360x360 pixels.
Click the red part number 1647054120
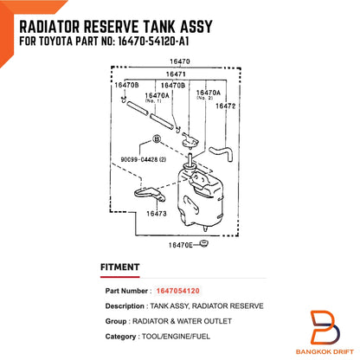pyautogui.click(x=177, y=291)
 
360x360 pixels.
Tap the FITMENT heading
pyautogui.click(x=119, y=267)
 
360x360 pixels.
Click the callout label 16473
pyautogui.click(x=157, y=214)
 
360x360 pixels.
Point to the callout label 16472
pyautogui.click(x=226, y=106)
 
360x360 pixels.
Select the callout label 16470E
pyautogui.click(x=181, y=245)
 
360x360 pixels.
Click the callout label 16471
pyautogui.click(x=176, y=74)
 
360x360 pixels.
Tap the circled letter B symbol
pyautogui.click(x=157, y=139)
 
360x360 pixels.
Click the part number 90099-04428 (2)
pyautogui.click(x=144, y=159)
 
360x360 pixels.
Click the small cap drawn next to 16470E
pyautogui.click(x=204, y=244)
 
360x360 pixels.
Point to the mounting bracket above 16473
pyautogui.click(x=150, y=193)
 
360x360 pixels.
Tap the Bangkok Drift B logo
pyautogui.click(x=325, y=327)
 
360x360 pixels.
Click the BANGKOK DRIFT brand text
pyautogui.click(x=325, y=351)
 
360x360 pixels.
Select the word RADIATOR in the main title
pyautogui.click(x=49, y=27)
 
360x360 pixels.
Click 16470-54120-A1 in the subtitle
pyautogui.click(x=154, y=42)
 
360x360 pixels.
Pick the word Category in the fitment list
pyautogui.click(x=120, y=337)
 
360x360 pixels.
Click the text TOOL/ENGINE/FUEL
pyautogui.click(x=176, y=337)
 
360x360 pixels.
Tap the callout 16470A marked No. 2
pyautogui.click(x=208, y=94)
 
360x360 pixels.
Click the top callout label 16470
pyautogui.click(x=180, y=61)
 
